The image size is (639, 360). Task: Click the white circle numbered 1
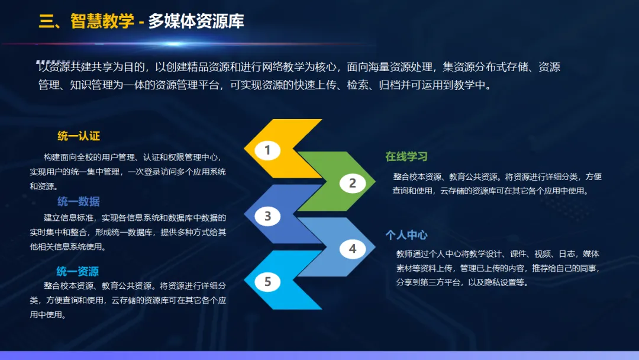tap(267, 150)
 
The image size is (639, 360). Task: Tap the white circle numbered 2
tap(353, 183)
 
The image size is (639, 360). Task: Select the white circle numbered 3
tap(267, 216)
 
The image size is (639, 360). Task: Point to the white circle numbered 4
tap(353, 249)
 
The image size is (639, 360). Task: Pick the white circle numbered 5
tap(267, 282)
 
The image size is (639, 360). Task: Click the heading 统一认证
tap(79, 136)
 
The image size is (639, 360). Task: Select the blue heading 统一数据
tap(79, 201)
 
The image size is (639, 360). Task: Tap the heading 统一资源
tap(78, 271)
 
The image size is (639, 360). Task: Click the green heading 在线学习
tap(406, 156)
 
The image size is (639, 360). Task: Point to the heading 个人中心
tap(406, 235)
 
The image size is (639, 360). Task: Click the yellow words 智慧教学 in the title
tap(102, 21)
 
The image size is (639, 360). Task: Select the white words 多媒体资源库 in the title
tap(196, 21)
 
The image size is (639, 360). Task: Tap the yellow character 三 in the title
tap(47, 21)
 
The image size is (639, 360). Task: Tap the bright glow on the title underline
tap(173, 44)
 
